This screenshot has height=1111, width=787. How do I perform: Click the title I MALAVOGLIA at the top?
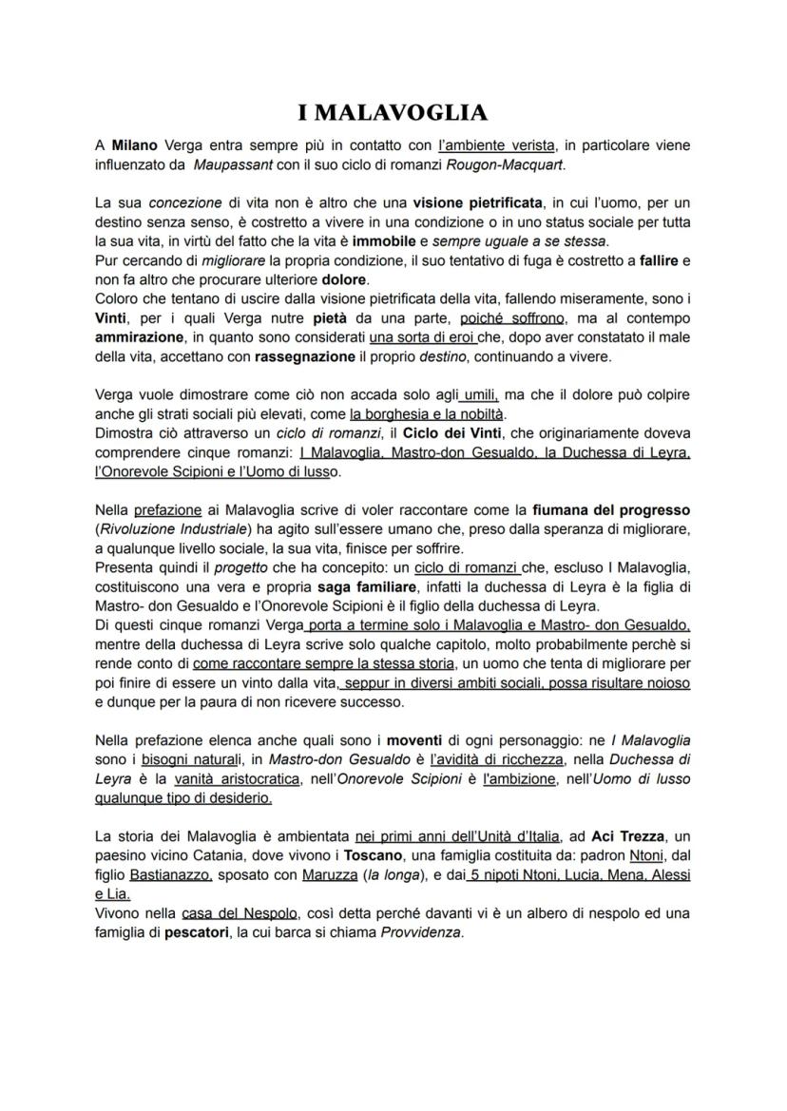[x=393, y=113]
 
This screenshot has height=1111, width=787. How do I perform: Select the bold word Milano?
[x=134, y=146]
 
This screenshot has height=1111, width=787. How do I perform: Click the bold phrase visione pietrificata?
[x=477, y=202]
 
